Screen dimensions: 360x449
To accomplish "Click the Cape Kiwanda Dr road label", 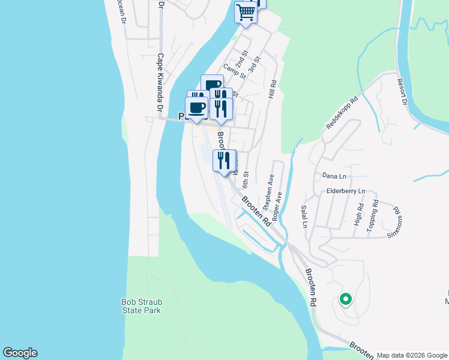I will click(x=160, y=83).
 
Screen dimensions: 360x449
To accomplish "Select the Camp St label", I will click(x=235, y=72).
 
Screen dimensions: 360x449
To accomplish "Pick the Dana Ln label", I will click(x=334, y=176).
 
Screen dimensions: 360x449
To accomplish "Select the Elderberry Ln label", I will click(x=345, y=191).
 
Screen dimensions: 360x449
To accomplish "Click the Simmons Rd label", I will click(x=397, y=218).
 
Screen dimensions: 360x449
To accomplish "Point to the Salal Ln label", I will click(x=304, y=216).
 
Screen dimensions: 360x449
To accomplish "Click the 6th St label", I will click(x=245, y=178).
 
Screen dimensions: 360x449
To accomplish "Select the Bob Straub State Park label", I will click(x=141, y=306).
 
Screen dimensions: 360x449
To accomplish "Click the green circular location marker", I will click(x=345, y=298).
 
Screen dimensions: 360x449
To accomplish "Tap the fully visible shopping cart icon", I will click(x=245, y=12).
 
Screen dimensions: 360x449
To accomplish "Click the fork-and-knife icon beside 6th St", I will click(x=224, y=161).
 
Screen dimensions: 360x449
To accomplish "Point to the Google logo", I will click(x=20, y=353).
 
